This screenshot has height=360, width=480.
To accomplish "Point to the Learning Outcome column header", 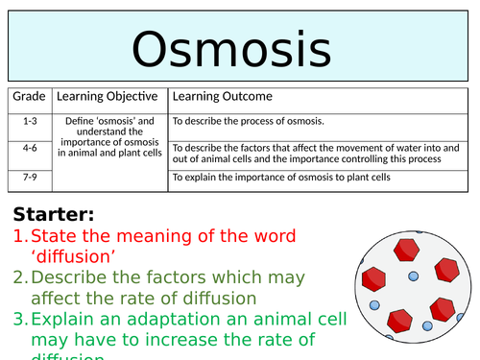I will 222,96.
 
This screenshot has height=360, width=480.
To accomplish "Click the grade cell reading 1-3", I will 29,121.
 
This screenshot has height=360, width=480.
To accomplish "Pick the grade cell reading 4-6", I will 29,148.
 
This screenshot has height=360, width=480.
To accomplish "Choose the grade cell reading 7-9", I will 29,177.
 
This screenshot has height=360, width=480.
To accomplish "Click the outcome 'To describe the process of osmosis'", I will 248,121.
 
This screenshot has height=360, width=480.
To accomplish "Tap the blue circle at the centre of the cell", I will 414,277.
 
